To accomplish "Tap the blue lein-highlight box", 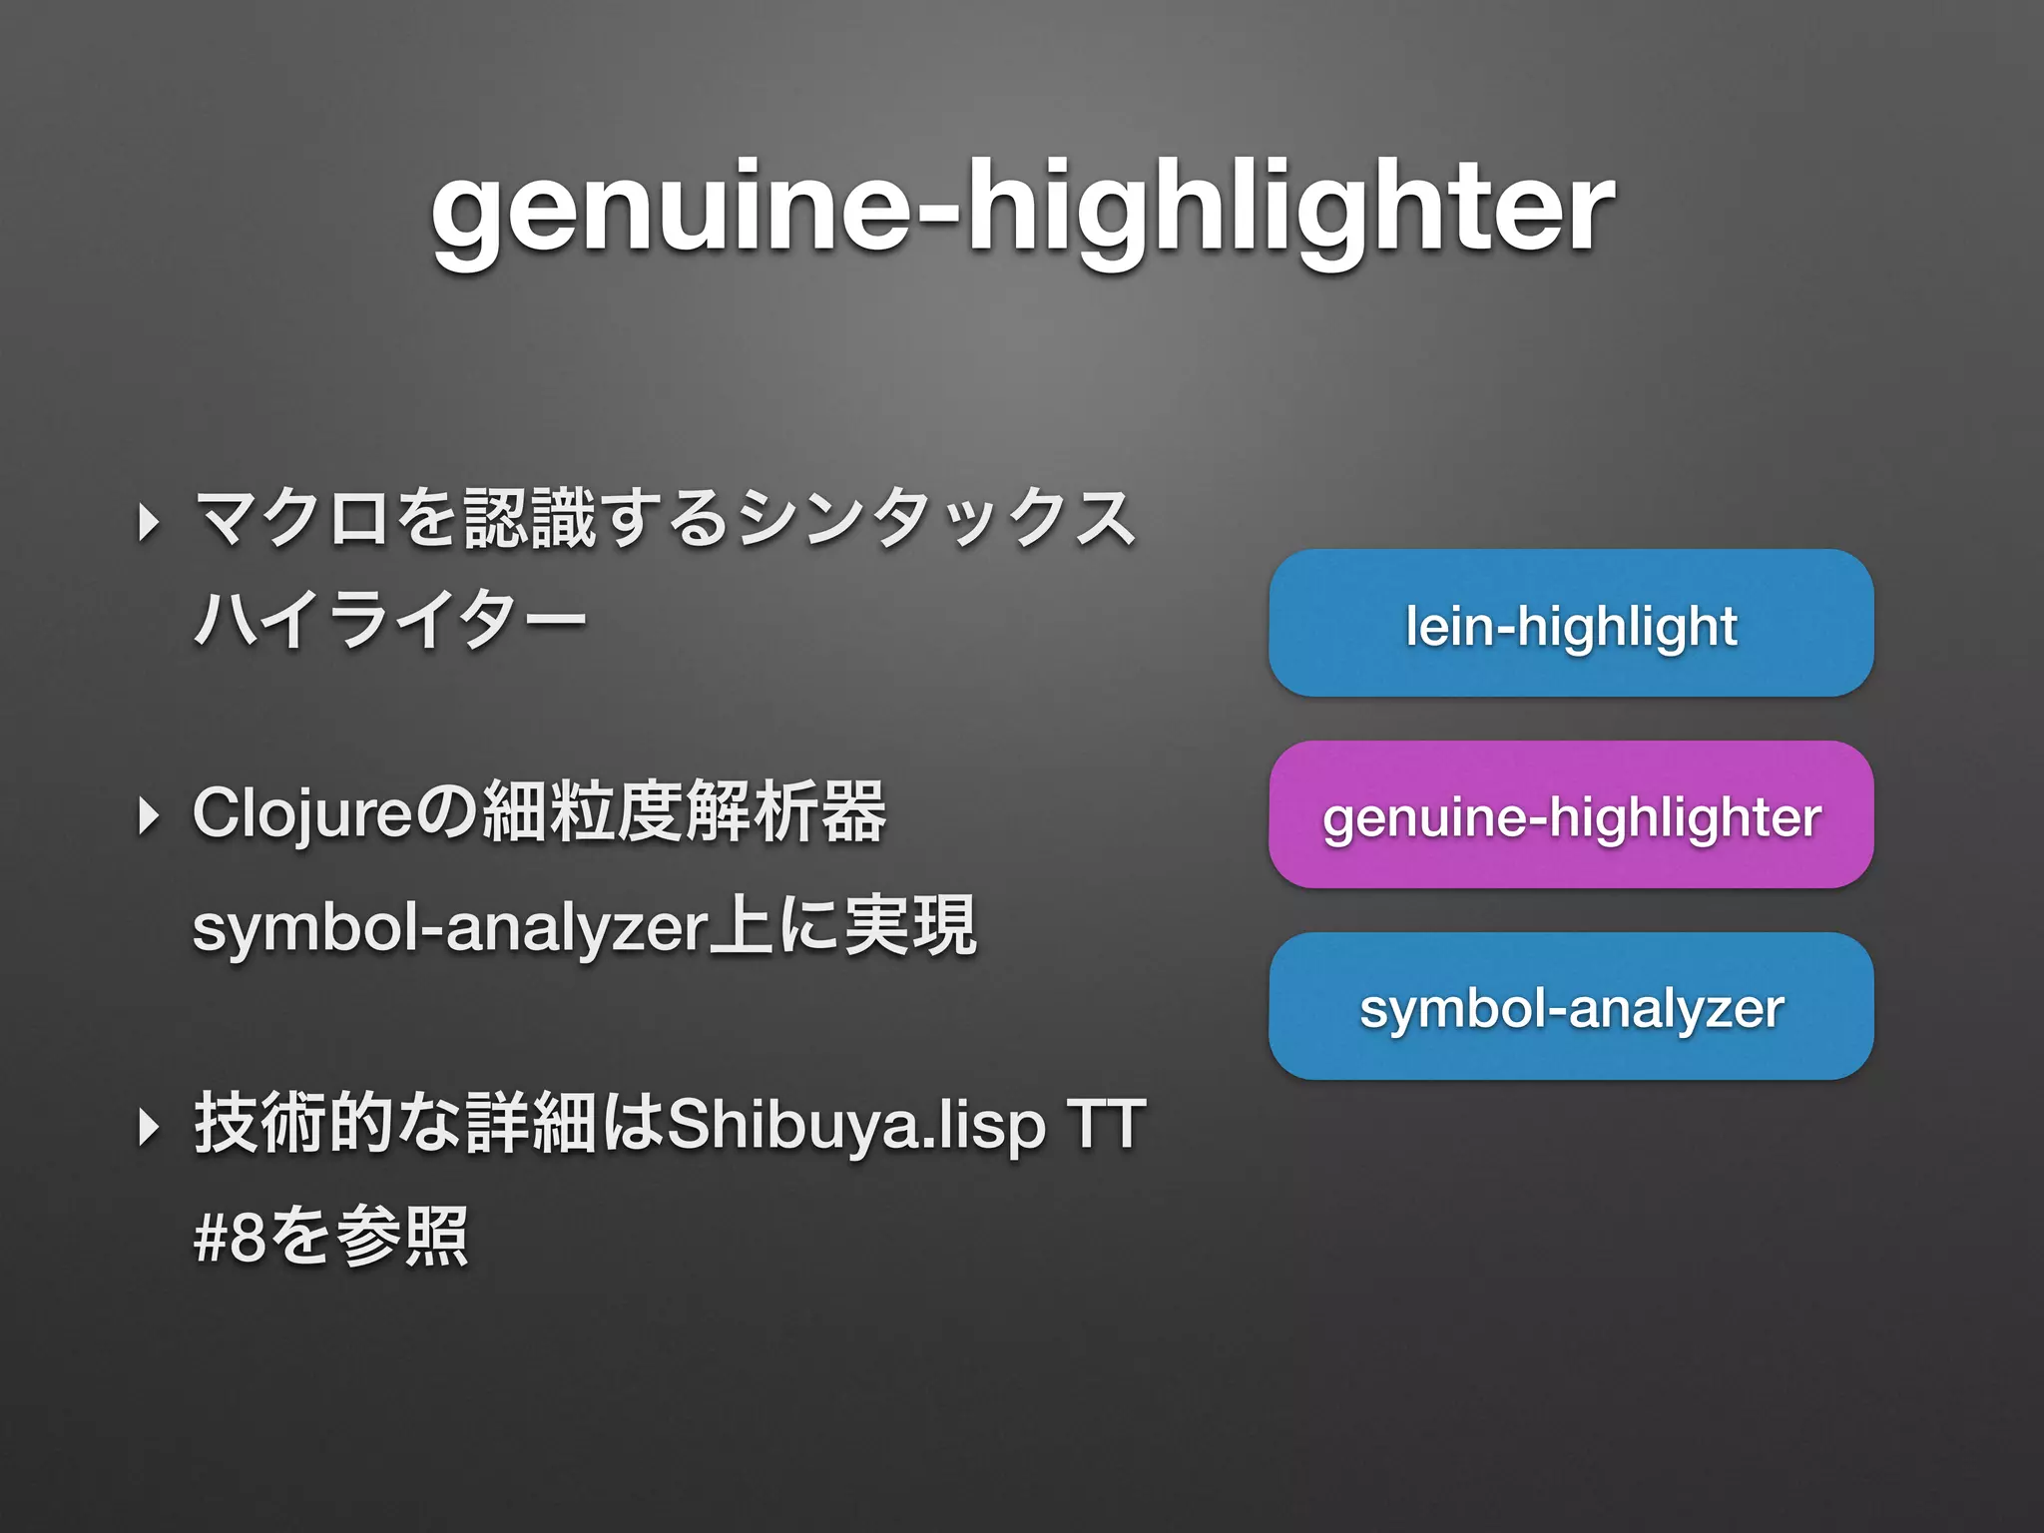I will click(x=1571, y=624).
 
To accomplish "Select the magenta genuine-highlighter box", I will click(x=1571, y=815).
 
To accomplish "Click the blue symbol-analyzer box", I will click(x=1571, y=1007).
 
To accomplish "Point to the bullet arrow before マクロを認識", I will click(x=149, y=522).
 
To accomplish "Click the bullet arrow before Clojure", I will click(x=149, y=815).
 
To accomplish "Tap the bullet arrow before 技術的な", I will click(x=149, y=1127).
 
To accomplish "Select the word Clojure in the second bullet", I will click(x=302, y=813).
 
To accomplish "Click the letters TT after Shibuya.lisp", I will click(x=1105, y=1125).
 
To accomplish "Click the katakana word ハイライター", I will click(x=390, y=621).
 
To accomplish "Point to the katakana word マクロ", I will click(x=291, y=520).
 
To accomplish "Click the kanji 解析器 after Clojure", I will click(x=785, y=812).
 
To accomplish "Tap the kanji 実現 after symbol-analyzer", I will click(x=910, y=926).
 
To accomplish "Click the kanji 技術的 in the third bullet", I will click(x=292, y=1125).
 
